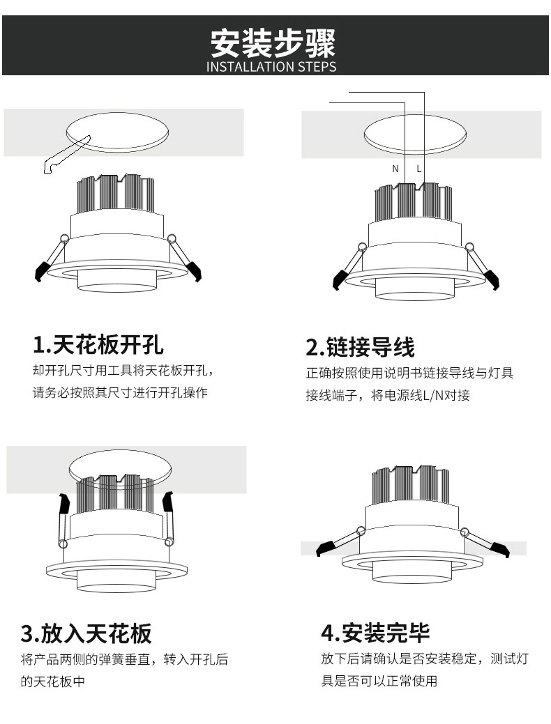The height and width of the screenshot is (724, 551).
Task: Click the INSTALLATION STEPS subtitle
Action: tap(272, 68)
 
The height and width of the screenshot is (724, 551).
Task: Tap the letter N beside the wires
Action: tap(395, 169)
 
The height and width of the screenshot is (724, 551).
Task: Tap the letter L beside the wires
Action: tap(419, 169)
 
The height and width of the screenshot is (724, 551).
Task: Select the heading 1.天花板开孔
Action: tap(98, 344)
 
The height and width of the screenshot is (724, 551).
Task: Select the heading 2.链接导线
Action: tap(360, 346)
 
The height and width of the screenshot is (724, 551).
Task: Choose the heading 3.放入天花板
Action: tap(86, 633)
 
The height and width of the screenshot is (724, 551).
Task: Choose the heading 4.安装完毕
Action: tap(375, 633)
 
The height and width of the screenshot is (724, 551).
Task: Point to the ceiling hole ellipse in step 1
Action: tap(117, 130)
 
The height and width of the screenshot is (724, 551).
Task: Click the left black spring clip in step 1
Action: tap(42, 270)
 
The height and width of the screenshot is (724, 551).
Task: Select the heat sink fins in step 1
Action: tap(116, 193)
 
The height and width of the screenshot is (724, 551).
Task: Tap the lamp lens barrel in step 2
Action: tap(416, 288)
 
